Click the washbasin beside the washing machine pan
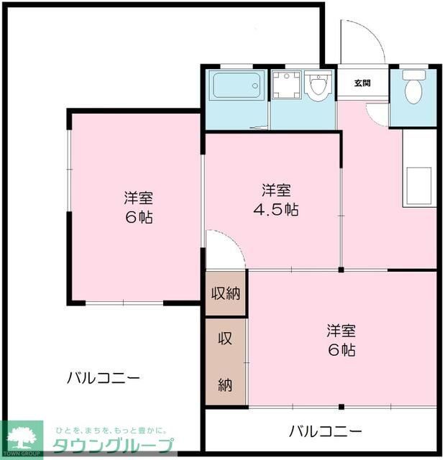point(317,86)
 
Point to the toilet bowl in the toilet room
point(413,91)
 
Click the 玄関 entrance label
point(362,83)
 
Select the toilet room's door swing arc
point(377,114)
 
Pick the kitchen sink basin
point(418,185)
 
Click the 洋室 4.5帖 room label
point(277,201)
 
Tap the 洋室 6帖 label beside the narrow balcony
point(341,341)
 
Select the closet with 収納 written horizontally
point(225,293)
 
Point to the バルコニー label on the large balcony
point(104,377)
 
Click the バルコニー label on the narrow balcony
point(326,431)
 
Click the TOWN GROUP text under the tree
point(22,453)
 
